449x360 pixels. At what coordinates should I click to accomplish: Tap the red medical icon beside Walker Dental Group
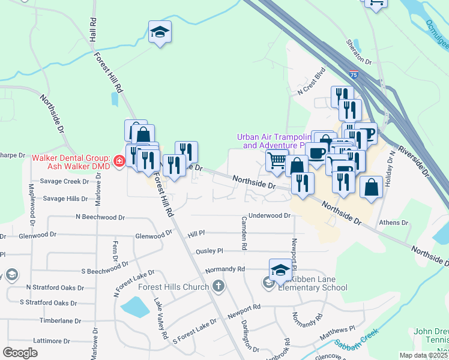click(118, 161)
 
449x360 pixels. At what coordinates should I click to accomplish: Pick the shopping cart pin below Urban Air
click(277, 160)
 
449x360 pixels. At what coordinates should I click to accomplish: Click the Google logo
click(20, 352)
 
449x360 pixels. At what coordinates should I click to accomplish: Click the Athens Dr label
click(394, 223)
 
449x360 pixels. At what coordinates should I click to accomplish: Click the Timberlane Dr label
click(60, 321)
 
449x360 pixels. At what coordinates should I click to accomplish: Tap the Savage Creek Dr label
click(64, 181)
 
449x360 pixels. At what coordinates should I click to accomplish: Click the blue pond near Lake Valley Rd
click(134, 308)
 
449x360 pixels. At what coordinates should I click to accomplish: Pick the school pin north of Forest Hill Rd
click(160, 32)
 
